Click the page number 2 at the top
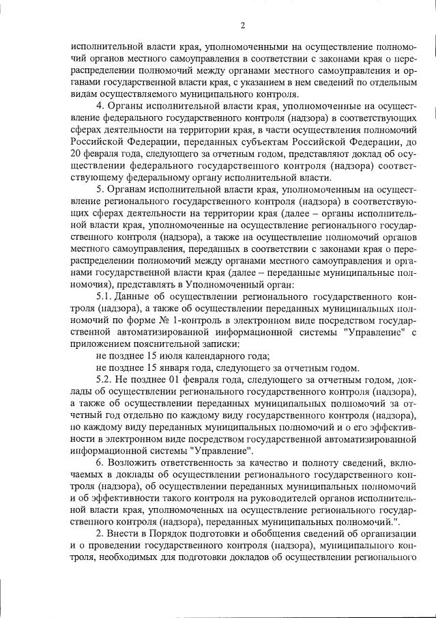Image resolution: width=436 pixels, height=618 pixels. tap(243, 27)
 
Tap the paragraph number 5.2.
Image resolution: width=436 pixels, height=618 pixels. tap(105, 379)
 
